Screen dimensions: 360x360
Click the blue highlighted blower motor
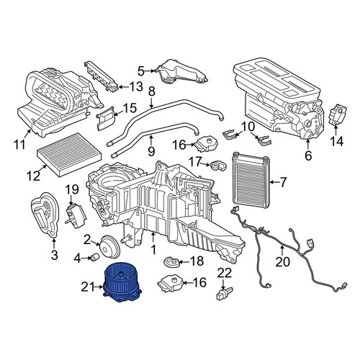122,283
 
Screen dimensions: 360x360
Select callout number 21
89,287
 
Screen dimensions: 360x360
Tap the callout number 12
33,176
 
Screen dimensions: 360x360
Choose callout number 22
225,273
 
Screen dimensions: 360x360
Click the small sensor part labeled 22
225,293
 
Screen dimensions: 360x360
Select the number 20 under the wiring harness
282,262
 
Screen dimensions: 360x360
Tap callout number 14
336,141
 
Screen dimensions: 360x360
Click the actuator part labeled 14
337,113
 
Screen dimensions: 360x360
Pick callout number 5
141,71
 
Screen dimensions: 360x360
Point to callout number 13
136,86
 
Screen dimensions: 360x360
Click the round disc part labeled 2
109,246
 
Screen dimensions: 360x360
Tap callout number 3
55,255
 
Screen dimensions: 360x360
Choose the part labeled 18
171,262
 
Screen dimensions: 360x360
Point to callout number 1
153,249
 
